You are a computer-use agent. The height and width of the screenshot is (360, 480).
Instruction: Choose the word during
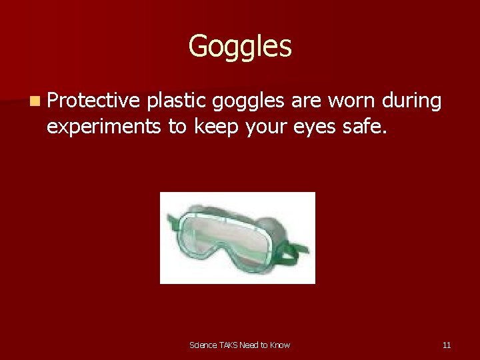412,101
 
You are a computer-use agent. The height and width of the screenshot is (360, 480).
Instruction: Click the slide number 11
447,345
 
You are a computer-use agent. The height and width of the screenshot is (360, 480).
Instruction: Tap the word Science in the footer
203,345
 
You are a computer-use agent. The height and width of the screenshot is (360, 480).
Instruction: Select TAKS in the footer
230,345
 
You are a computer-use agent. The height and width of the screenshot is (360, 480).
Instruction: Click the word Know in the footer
280,345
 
